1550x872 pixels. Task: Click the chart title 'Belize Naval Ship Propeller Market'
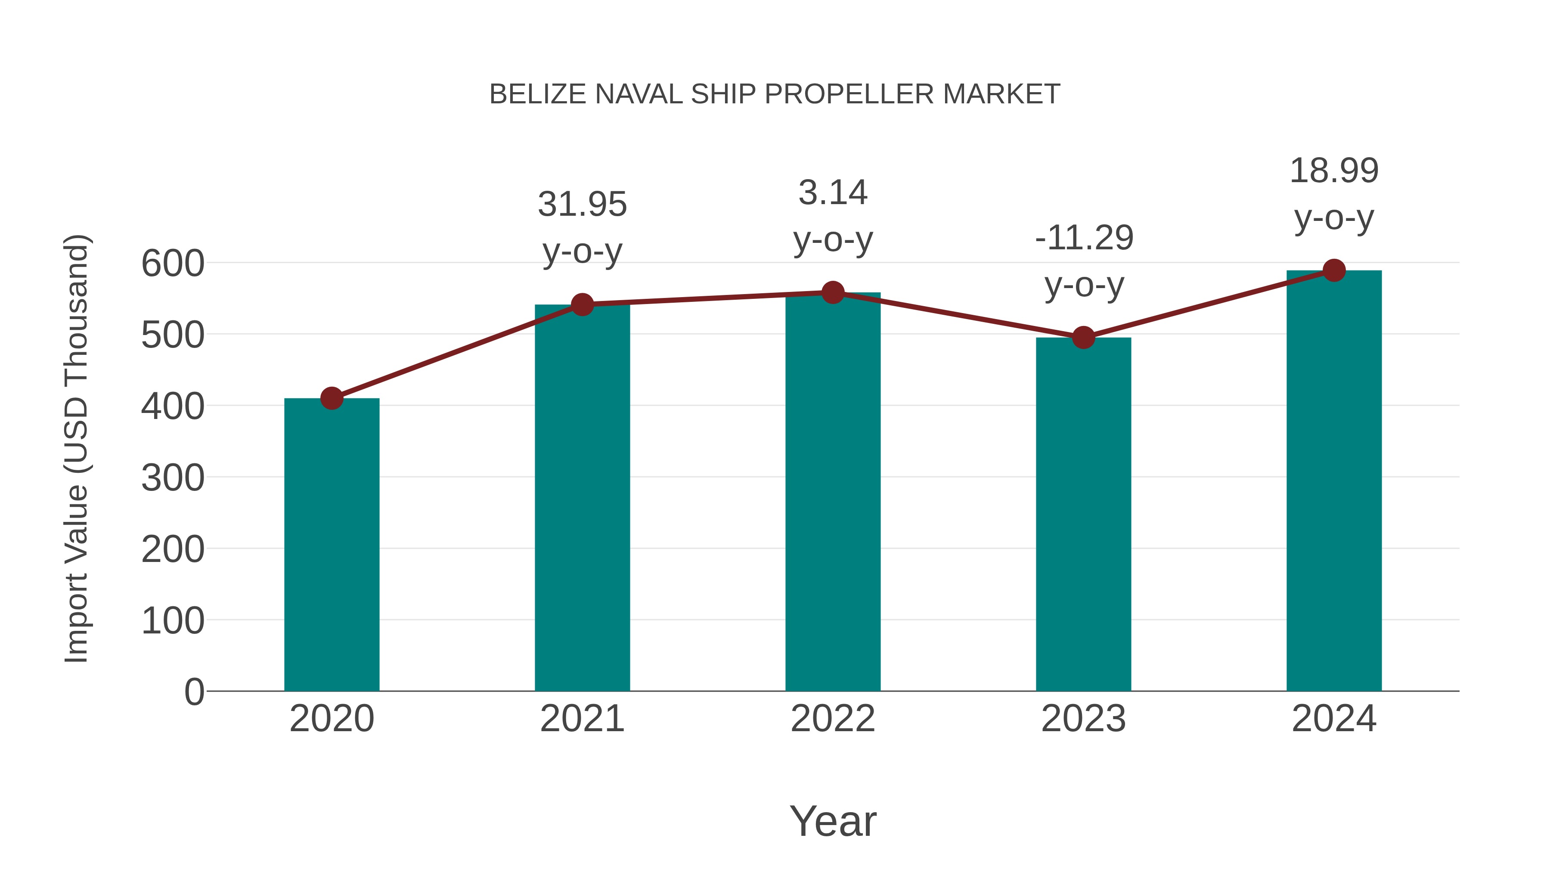[775, 94]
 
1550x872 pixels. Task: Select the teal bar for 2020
[332, 545]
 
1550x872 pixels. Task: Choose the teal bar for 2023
[1083, 515]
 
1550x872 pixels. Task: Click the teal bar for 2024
[1334, 481]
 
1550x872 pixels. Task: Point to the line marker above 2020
[332, 398]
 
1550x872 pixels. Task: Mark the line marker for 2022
[833, 293]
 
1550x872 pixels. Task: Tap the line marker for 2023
[1083, 338]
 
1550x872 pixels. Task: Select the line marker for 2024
[1334, 271]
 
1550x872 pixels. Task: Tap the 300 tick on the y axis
[173, 478]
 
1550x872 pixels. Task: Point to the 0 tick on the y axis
[194, 692]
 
